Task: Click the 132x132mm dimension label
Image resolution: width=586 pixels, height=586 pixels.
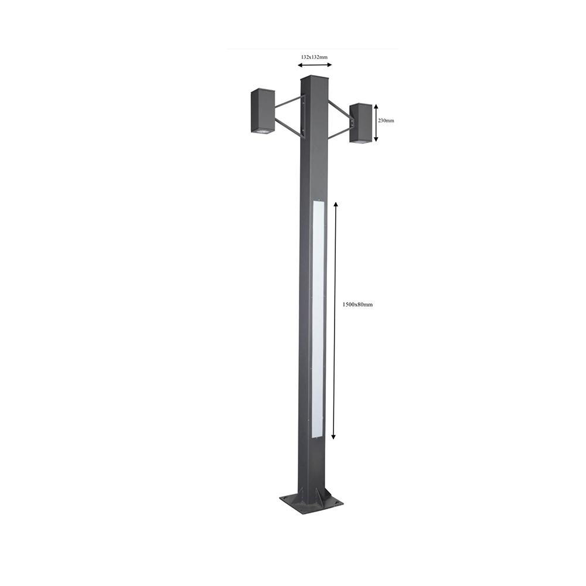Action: tap(314, 57)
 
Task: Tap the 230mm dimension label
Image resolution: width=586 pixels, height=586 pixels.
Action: tap(386, 121)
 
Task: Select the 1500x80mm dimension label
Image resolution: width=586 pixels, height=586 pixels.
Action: tap(357, 305)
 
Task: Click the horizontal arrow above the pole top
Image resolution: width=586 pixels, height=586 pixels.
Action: tap(315, 65)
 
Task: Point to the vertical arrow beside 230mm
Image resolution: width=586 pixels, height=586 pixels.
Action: tap(376, 123)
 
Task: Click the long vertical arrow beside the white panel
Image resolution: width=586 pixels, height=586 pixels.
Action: tap(335, 321)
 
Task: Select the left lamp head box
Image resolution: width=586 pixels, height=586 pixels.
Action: tap(263, 111)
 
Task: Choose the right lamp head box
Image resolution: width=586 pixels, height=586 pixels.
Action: tap(360, 123)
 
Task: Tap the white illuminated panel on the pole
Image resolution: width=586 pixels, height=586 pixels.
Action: tap(318, 319)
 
